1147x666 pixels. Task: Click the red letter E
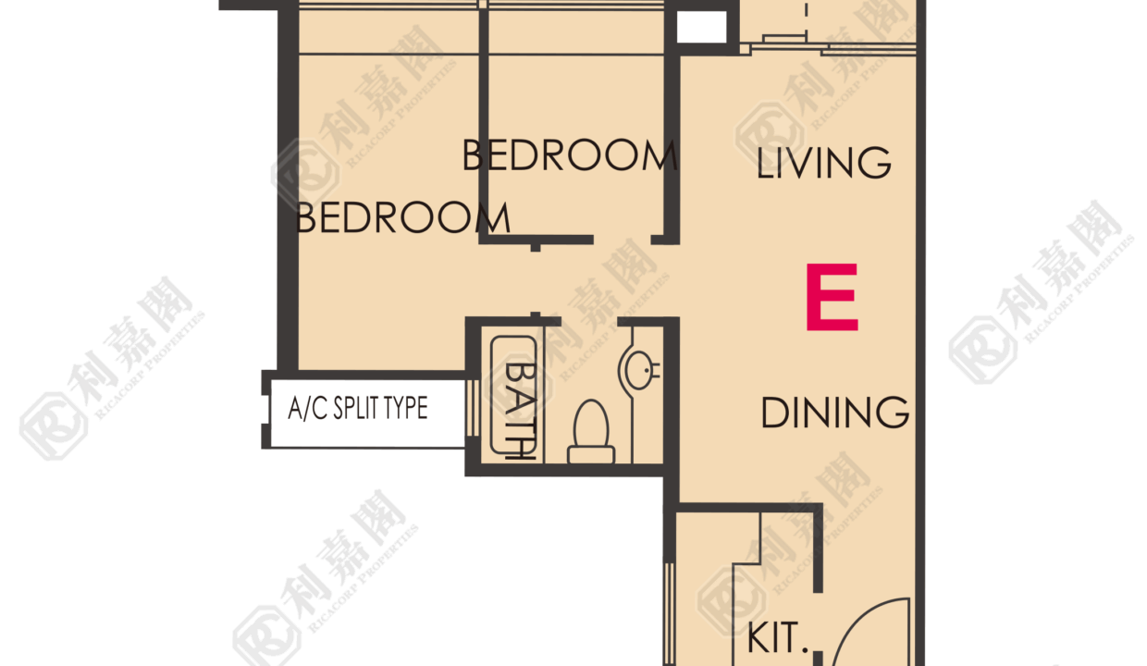point(832,298)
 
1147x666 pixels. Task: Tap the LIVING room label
point(823,163)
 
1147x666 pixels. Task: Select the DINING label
point(834,413)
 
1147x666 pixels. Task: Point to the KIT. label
point(777,638)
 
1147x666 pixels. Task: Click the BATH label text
point(520,411)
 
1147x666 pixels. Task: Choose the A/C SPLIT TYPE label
point(357,409)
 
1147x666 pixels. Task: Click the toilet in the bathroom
point(591,432)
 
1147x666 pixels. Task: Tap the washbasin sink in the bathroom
point(639,368)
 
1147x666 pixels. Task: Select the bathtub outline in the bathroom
point(513,395)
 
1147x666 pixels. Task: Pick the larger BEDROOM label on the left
point(403,218)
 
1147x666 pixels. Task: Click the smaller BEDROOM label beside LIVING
point(570,155)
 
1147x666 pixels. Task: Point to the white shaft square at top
point(701,27)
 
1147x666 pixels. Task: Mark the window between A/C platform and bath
point(473,409)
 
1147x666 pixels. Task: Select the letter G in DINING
point(893,413)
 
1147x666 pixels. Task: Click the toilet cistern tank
point(591,455)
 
